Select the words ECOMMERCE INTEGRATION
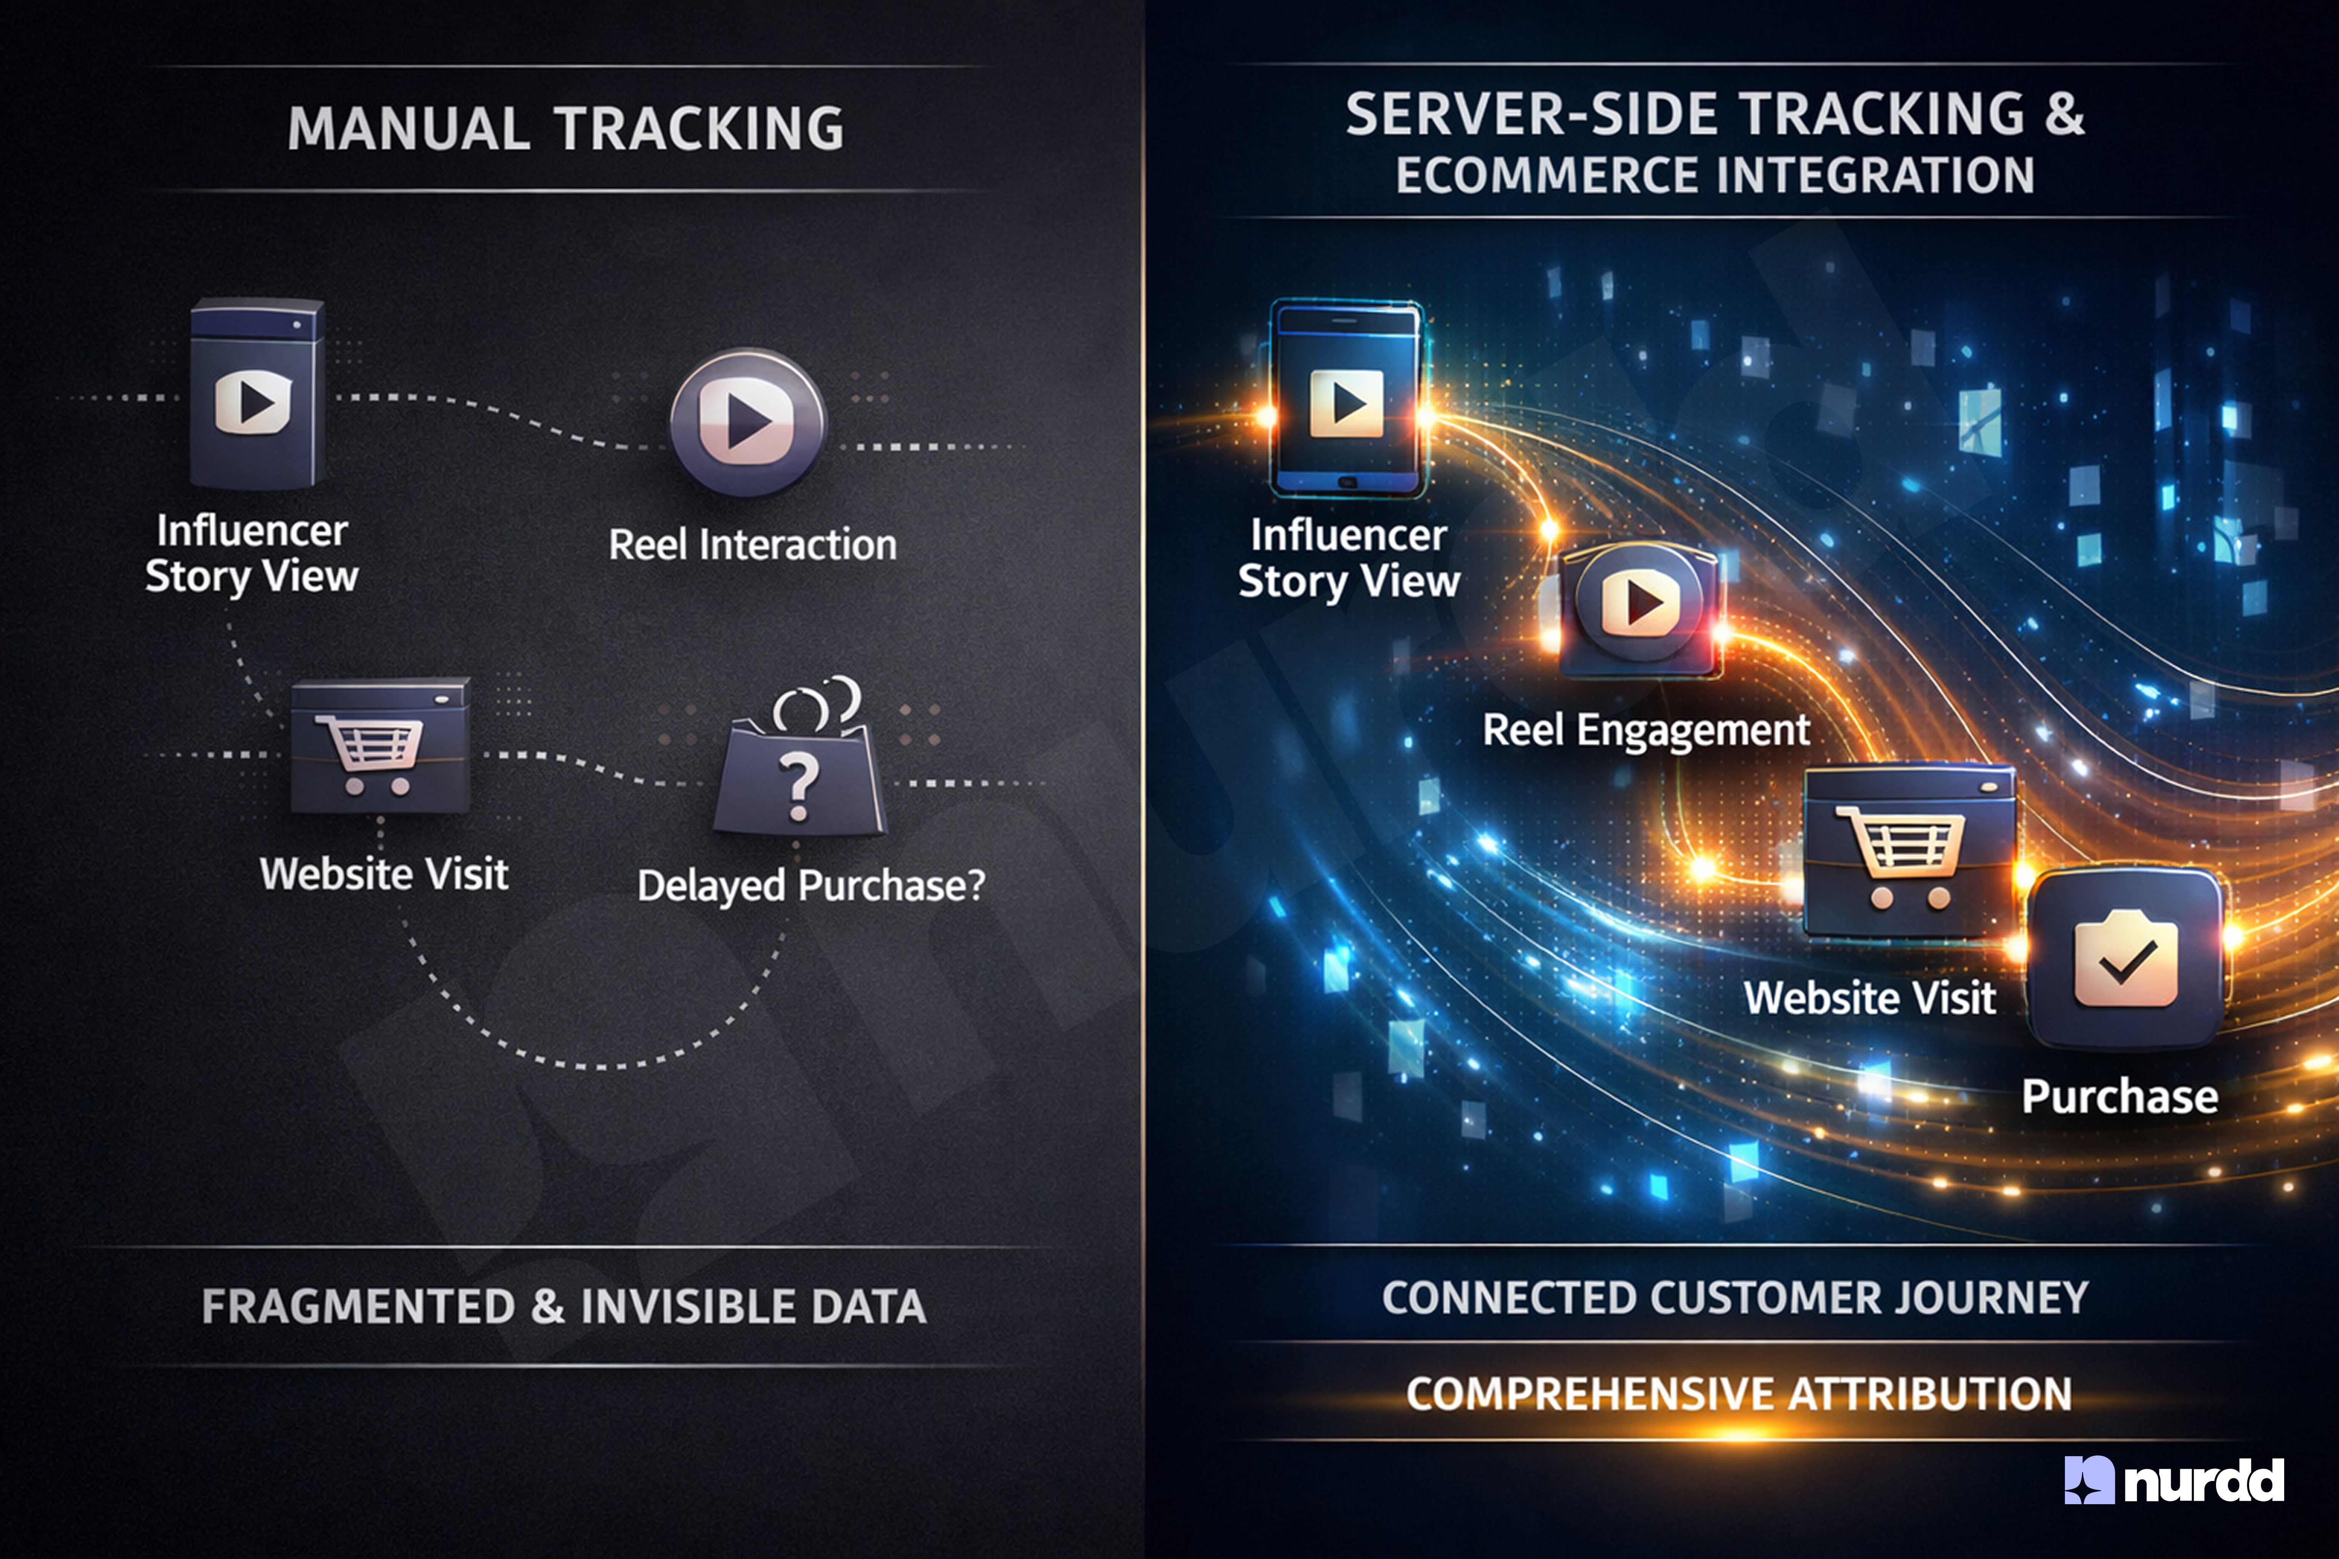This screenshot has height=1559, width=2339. (1715, 176)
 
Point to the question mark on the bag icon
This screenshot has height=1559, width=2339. (798, 786)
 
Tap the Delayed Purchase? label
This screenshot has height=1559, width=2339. (811, 885)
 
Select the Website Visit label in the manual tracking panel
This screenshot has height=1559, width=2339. (384, 874)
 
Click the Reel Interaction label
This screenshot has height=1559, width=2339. (753, 545)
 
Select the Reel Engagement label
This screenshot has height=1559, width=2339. (1646, 731)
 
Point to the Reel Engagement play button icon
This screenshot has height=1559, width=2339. (1641, 604)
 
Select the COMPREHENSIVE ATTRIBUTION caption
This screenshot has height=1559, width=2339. (1738, 1394)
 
